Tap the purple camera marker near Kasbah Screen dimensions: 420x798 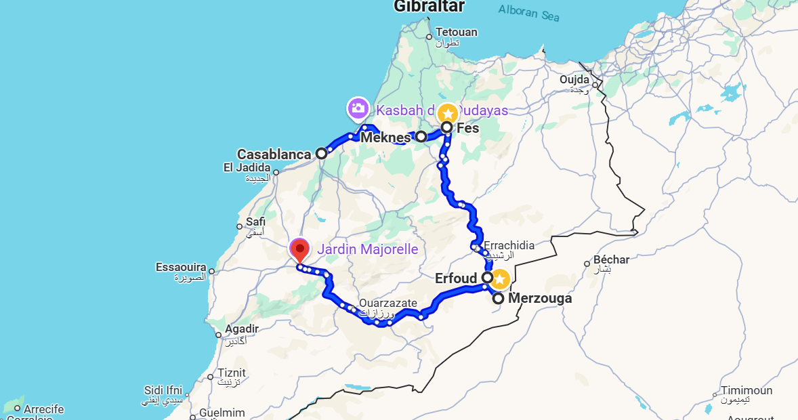pyautogui.click(x=357, y=108)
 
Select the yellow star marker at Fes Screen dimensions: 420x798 pyautogui.click(x=447, y=113)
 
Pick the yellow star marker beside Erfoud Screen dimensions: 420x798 pyautogui.click(x=500, y=278)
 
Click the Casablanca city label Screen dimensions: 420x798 pyautogui.click(x=274, y=154)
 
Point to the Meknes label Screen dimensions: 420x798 pyautogui.click(x=385, y=138)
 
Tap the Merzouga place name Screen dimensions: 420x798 pyautogui.click(x=540, y=298)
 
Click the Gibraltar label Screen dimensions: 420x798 pyautogui.click(x=429, y=7)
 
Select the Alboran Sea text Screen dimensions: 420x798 pyautogui.click(x=529, y=12)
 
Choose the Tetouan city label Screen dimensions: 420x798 pyautogui.click(x=457, y=33)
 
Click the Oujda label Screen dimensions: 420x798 pyautogui.click(x=574, y=80)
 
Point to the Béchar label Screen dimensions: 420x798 pyautogui.click(x=611, y=259)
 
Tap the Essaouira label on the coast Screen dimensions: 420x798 pyautogui.click(x=181, y=268)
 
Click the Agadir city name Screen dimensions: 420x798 pyautogui.click(x=242, y=329)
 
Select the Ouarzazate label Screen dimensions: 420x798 pyautogui.click(x=388, y=303)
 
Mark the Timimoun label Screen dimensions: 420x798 pyautogui.click(x=746, y=391)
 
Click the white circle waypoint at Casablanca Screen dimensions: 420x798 pyautogui.click(x=322, y=153)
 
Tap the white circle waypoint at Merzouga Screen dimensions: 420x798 pyautogui.click(x=498, y=298)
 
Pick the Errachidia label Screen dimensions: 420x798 pyautogui.click(x=509, y=245)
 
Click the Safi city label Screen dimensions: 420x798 pyautogui.click(x=256, y=222)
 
